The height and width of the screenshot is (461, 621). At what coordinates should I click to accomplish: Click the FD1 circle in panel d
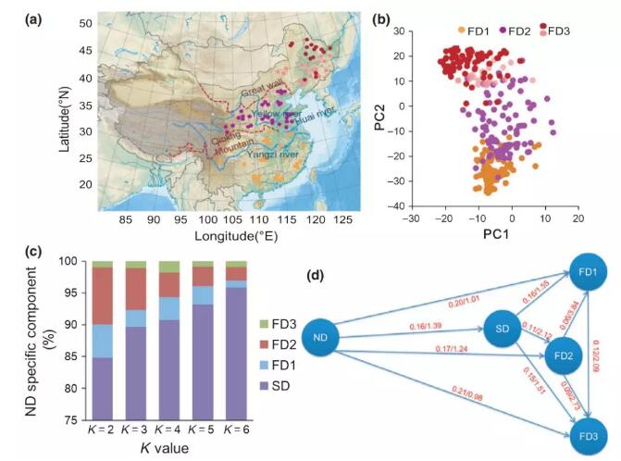click(588, 273)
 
